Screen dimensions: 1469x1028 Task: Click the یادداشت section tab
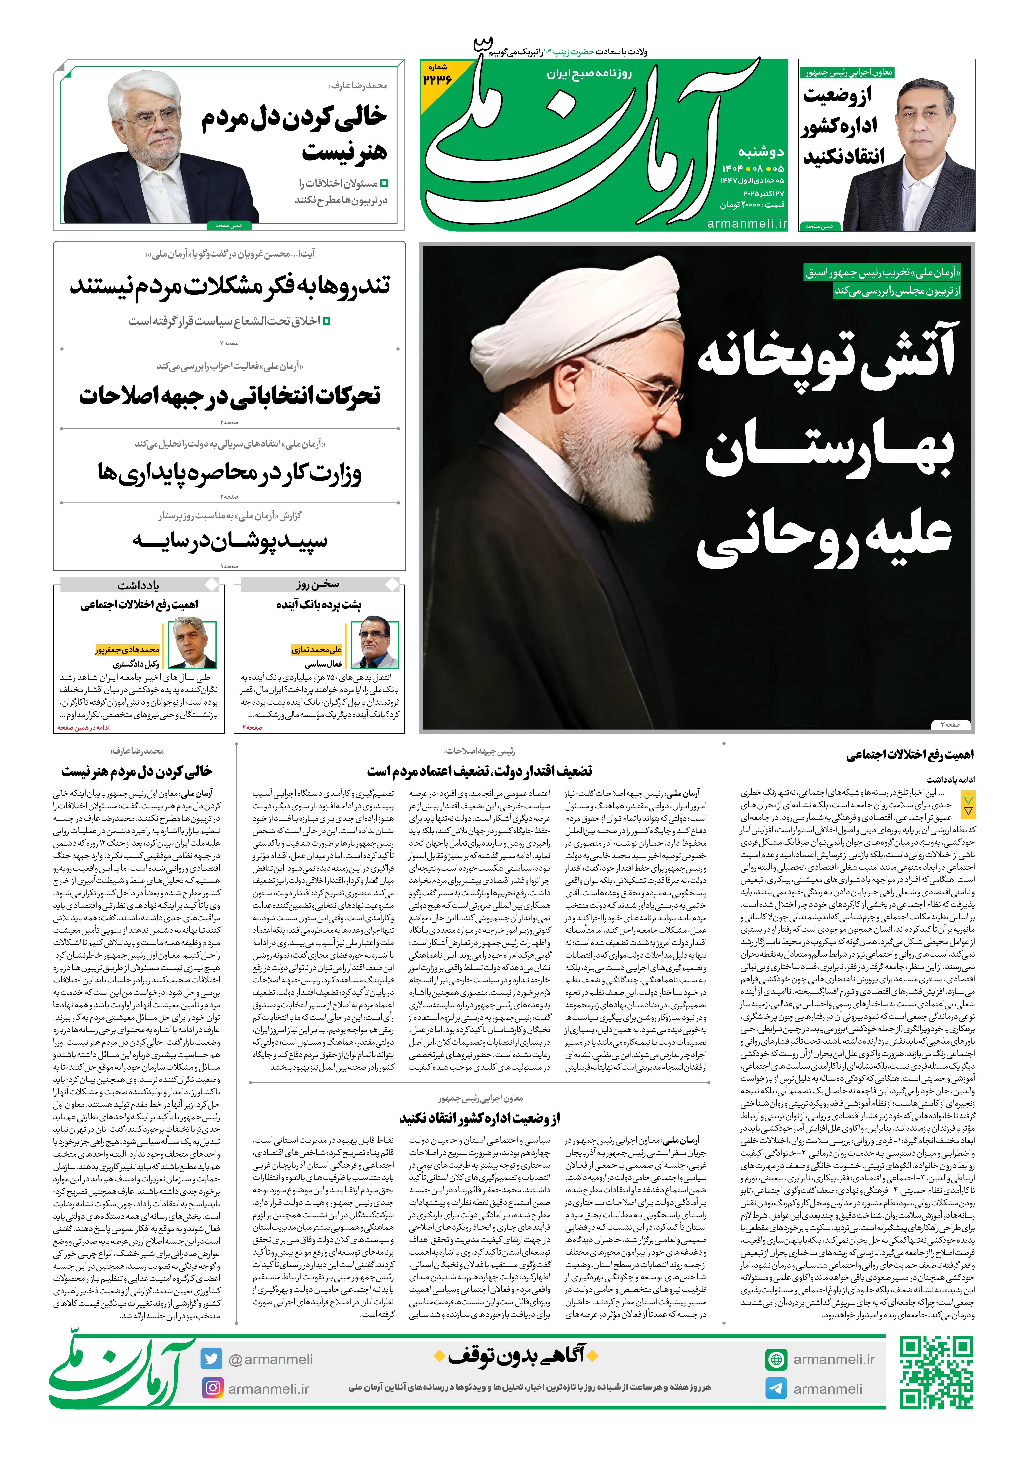tap(138, 585)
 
